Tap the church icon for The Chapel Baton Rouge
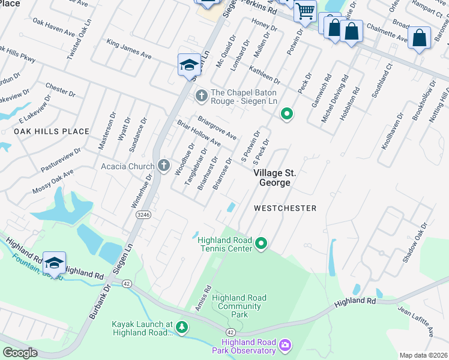[x=202, y=95]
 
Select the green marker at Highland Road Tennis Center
[x=261, y=243]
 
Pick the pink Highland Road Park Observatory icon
[x=285, y=345]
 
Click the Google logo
[x=20, y=353]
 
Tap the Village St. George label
[x=275, y=178]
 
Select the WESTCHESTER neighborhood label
[x=285, y=208]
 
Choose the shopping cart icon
[x=305, y=10]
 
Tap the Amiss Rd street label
[x=202, y=298]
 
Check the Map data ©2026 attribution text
[x=423, y=355]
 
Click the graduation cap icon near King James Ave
[x=189, y=65]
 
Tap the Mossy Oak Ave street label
[x=53, y=181]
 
